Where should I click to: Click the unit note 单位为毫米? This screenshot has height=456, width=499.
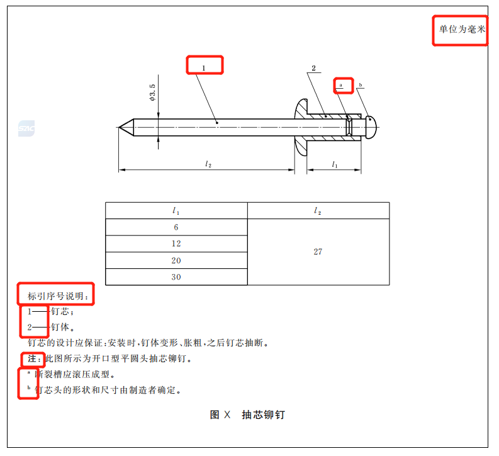click(x=462, y=30)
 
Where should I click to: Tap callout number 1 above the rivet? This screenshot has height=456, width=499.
click(x=204, y=68)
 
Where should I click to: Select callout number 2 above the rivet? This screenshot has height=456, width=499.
click(x=314, y=68)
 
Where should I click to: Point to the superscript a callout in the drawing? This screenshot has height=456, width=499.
click(x=340, y=85)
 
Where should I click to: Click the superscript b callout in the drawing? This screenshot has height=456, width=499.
click(x=361, y=85)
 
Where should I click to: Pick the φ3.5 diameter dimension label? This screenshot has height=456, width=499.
click(x=152, y=93)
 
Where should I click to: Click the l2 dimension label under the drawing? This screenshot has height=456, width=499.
click(x=208, y=164)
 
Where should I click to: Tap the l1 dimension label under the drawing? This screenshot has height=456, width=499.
click(x=335, y=164)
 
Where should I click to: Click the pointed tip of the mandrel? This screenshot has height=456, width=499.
click(x=119, y=127)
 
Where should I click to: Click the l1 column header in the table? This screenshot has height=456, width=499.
click(x=176, y=210)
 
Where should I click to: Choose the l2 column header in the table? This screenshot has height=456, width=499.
click(x=318, y=210)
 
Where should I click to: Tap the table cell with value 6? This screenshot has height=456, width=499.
click(x=176, y=227)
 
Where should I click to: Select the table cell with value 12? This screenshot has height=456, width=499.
click(x=176, y=244)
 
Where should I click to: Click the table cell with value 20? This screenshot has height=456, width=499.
click(x=176, y=261)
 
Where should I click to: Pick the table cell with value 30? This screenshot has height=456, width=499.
click(x=176, y=277)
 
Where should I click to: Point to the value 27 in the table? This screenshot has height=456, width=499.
click(x=318, y=251)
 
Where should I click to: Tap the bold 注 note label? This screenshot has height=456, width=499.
click(x=32, y=359)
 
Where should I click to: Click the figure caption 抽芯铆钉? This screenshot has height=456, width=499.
click(x=264, y=414)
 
